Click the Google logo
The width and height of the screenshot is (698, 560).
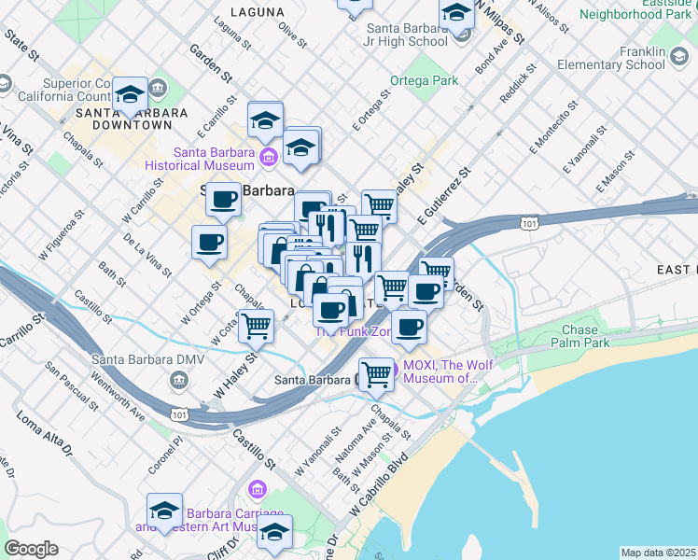[32, 549]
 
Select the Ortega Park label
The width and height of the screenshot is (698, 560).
[425, 81]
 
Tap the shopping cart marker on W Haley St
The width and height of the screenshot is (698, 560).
[256, 326]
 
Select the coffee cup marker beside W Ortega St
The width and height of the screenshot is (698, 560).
[209, 243]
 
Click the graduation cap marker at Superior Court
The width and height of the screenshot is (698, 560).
[131, 94]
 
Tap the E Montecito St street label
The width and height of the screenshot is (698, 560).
[550, 134]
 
